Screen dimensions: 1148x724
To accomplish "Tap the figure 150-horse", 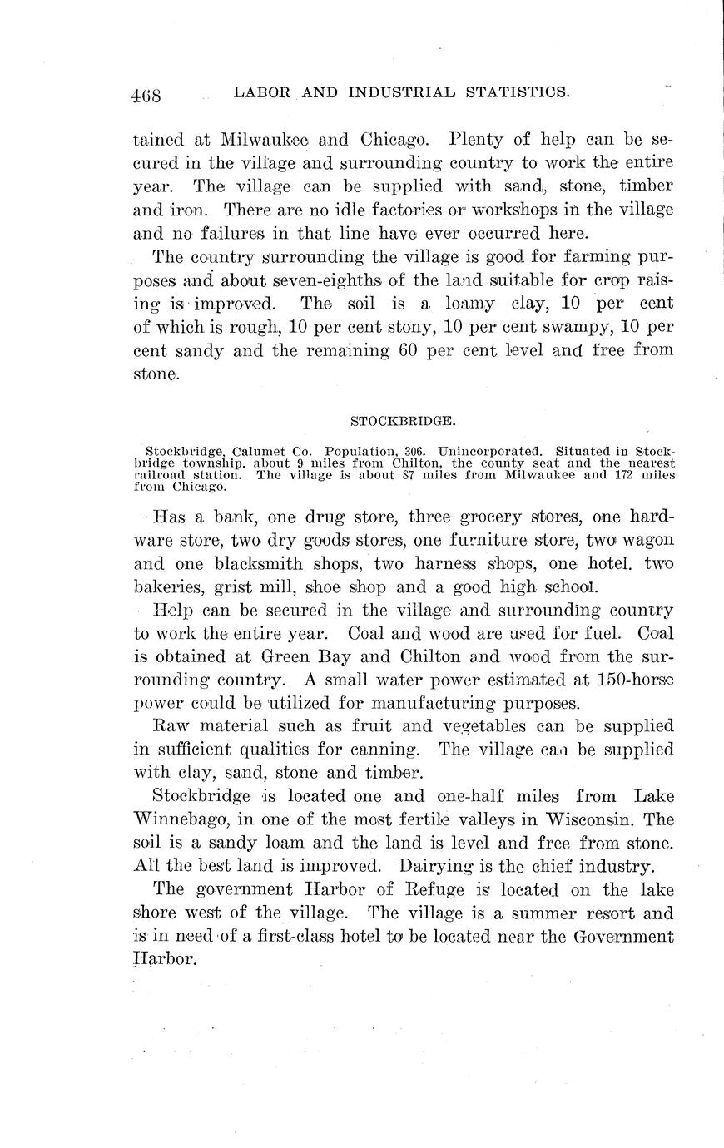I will [x=635, y=679].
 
